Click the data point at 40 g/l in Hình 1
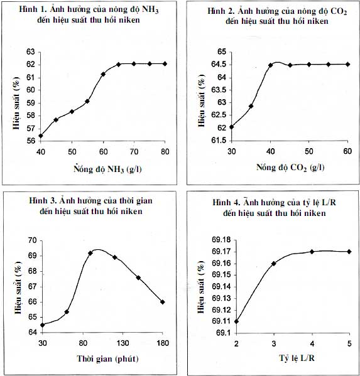(x=41, y=136)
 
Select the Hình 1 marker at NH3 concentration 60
(x=103, y=74)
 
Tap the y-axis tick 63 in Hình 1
(x=31, y=52)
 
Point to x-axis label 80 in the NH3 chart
(x=165, y=151)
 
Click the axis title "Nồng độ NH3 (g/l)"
(x=107, y=169)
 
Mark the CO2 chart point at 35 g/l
(x=251, y=106)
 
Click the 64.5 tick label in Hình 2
(x=219, y=65)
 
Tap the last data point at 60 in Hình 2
(x=348, y=64)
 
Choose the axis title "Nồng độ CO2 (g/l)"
(x=290, y=167)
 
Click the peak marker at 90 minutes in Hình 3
(x=90, y=253)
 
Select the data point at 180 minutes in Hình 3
(x=163, y=302)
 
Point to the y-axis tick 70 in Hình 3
(x=33, y=240)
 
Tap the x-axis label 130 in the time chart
(x=123, y=343)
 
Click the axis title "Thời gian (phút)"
(x=107, y=358)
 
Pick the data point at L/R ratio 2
(x=237, y=321)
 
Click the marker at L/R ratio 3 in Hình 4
(x=274, y=264)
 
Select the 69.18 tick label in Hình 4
(x=221, y=240)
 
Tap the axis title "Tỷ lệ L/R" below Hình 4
(x=297, y=358)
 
